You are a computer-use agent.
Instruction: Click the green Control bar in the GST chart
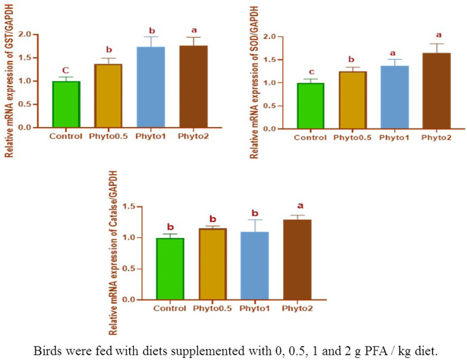[66, 104]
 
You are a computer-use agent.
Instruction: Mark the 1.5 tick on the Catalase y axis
[146, 207]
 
